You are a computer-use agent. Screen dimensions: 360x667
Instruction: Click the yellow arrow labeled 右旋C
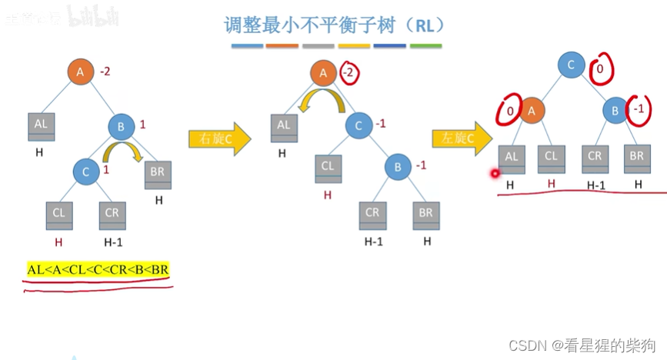point(219,139)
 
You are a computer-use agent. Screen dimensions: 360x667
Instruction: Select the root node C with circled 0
point(571,65)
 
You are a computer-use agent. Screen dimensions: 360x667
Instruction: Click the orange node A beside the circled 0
point(531,110)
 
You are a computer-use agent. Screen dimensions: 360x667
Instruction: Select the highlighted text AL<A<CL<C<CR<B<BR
point(98,269)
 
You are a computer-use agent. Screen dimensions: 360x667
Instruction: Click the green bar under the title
point(425,46)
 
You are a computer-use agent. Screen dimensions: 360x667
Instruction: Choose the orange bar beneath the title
point(282,46)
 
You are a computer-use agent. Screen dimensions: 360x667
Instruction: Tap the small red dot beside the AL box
point(494,173)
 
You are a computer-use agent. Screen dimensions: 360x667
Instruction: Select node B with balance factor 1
point(121,127)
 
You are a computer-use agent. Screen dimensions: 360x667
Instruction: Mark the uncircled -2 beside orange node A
point(105,72)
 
